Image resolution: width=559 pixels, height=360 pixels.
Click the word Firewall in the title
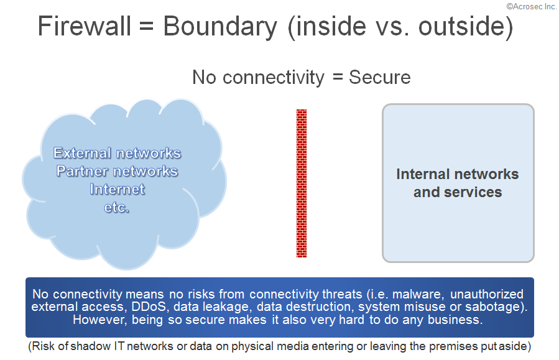[x=85, y=26]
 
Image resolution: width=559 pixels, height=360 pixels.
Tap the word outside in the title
[x=462, y=26]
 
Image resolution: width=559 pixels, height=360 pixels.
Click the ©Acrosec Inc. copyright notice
[x=531, y=6]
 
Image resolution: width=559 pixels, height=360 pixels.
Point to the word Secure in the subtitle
[x=380, y=77]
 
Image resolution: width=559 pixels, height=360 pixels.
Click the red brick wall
[x=302, y=183]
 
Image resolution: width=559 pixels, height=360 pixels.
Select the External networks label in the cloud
[x=118, y=153]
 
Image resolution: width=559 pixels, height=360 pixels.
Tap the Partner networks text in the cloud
[x=118, y=171]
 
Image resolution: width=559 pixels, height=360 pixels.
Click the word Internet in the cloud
[x=118, y=189]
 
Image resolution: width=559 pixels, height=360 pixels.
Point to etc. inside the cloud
[x=116, y=207]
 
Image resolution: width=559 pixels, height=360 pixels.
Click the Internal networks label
[x=458, y=174]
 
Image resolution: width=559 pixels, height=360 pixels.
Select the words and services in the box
[x=458, y=192]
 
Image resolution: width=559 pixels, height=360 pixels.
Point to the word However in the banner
[x=99, y=320]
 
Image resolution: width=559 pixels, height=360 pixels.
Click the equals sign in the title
[x=147, y=27]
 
